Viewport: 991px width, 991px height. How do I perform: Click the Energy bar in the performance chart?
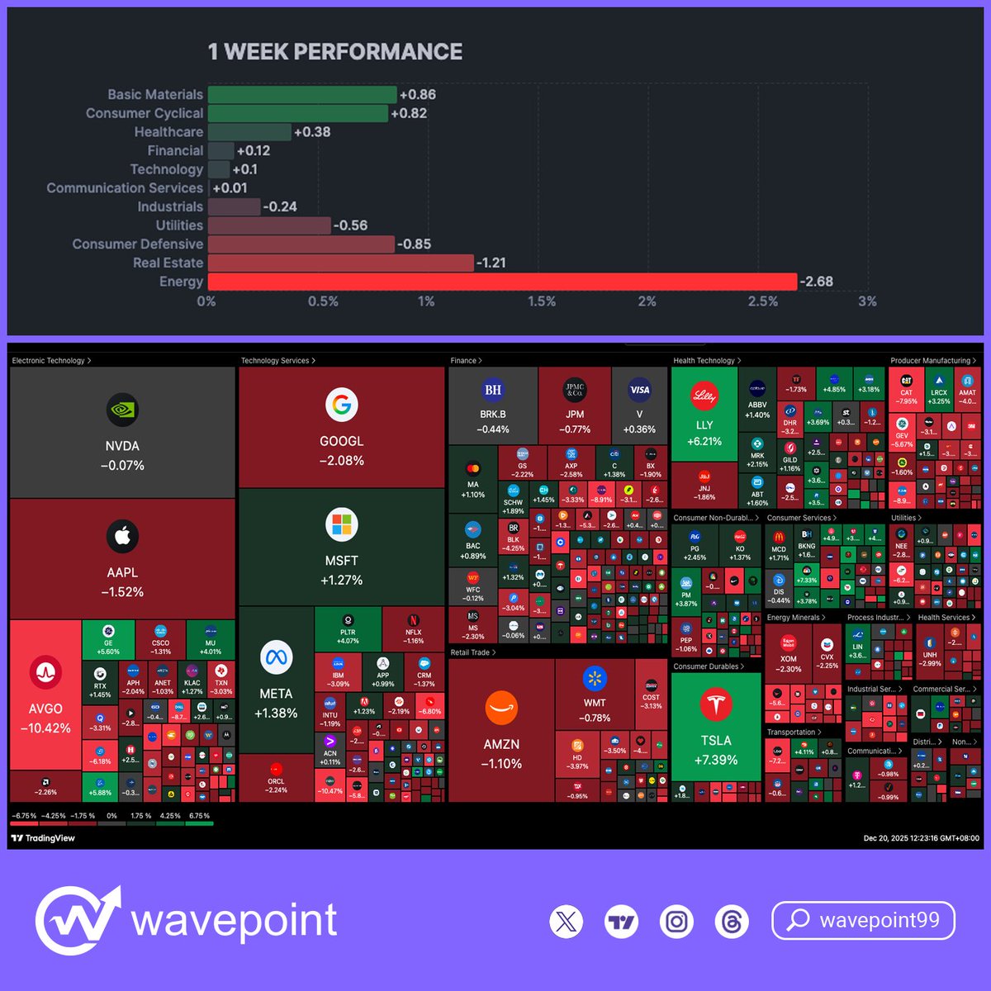(x=502, y=282)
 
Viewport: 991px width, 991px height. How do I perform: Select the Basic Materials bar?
(x=302, y=95)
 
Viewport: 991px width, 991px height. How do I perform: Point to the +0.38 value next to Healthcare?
(x=312, y=132)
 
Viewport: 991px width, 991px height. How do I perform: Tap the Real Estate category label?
(x=168, y=263)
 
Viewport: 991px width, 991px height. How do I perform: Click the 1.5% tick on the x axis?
(x=542, y=301)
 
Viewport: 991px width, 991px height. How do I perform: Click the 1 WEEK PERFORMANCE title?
(x=335, y=52)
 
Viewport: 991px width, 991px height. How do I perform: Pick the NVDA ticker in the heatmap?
(x=122, y=446)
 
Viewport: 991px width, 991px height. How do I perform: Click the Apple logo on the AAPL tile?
(x=122, y=537)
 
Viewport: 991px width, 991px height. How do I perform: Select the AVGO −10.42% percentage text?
(x=45, y=728)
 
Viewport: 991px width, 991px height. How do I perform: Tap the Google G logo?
(x=341, y=405)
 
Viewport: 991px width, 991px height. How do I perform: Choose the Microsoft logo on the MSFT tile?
(x=341, y=524)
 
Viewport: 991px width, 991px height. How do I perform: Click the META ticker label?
(x=276, y=694)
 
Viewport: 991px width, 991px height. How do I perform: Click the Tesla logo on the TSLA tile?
(x=715, y=704)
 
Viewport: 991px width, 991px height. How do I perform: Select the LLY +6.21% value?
(x=704, y=442)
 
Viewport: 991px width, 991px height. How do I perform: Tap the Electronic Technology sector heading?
(x=50, y=361)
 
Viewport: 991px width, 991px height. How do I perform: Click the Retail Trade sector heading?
(x=472, y=652)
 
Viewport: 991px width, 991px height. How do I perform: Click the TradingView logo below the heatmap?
(x=43, y=838)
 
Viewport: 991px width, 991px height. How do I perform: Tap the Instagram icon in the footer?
(x=676, y=921)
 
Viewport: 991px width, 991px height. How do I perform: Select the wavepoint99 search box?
(x=863, y=921)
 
